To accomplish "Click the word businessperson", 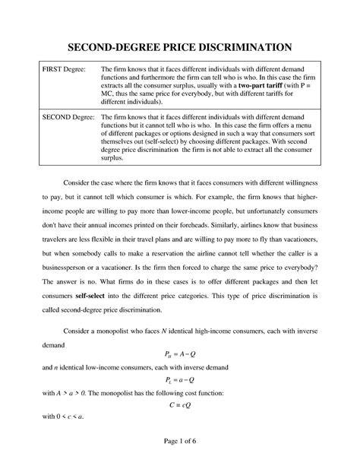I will [x=70, y=268].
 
